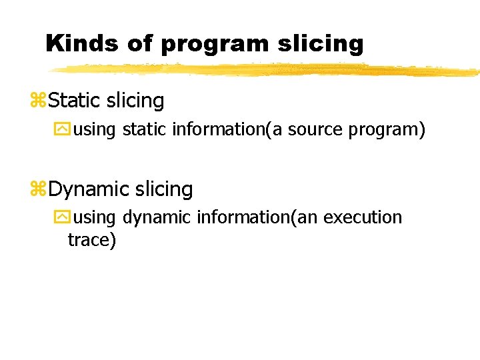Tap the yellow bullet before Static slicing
tap(37, 101)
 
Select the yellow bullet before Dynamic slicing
tap(37, 190)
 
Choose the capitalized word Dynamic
tap(89, 190)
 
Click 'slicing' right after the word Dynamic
tap(163, 190)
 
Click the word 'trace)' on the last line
tap(92, 239)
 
